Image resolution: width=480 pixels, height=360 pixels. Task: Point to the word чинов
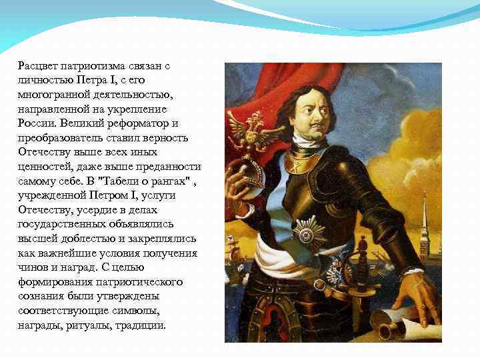tap(33, 267)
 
